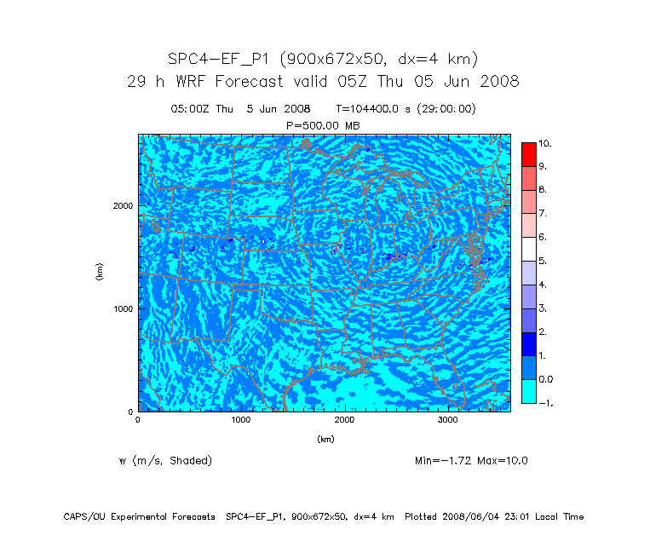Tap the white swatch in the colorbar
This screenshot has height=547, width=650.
[x=530, y=248]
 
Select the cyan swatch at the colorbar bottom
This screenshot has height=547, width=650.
[x=530, y=390]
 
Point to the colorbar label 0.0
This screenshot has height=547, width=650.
[x=546, y=378]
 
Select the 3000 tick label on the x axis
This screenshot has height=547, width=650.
[x=449, y=420]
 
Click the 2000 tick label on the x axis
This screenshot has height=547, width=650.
[x=345, y=420]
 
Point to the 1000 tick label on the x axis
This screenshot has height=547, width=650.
[x=241, y=420]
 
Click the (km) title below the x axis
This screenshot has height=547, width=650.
[x=325, y=440]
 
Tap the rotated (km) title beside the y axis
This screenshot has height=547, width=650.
[x=100, y=273]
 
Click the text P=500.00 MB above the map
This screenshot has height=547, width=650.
[x=325, y=124]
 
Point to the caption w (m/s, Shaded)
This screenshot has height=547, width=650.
[x=165, y=461]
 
